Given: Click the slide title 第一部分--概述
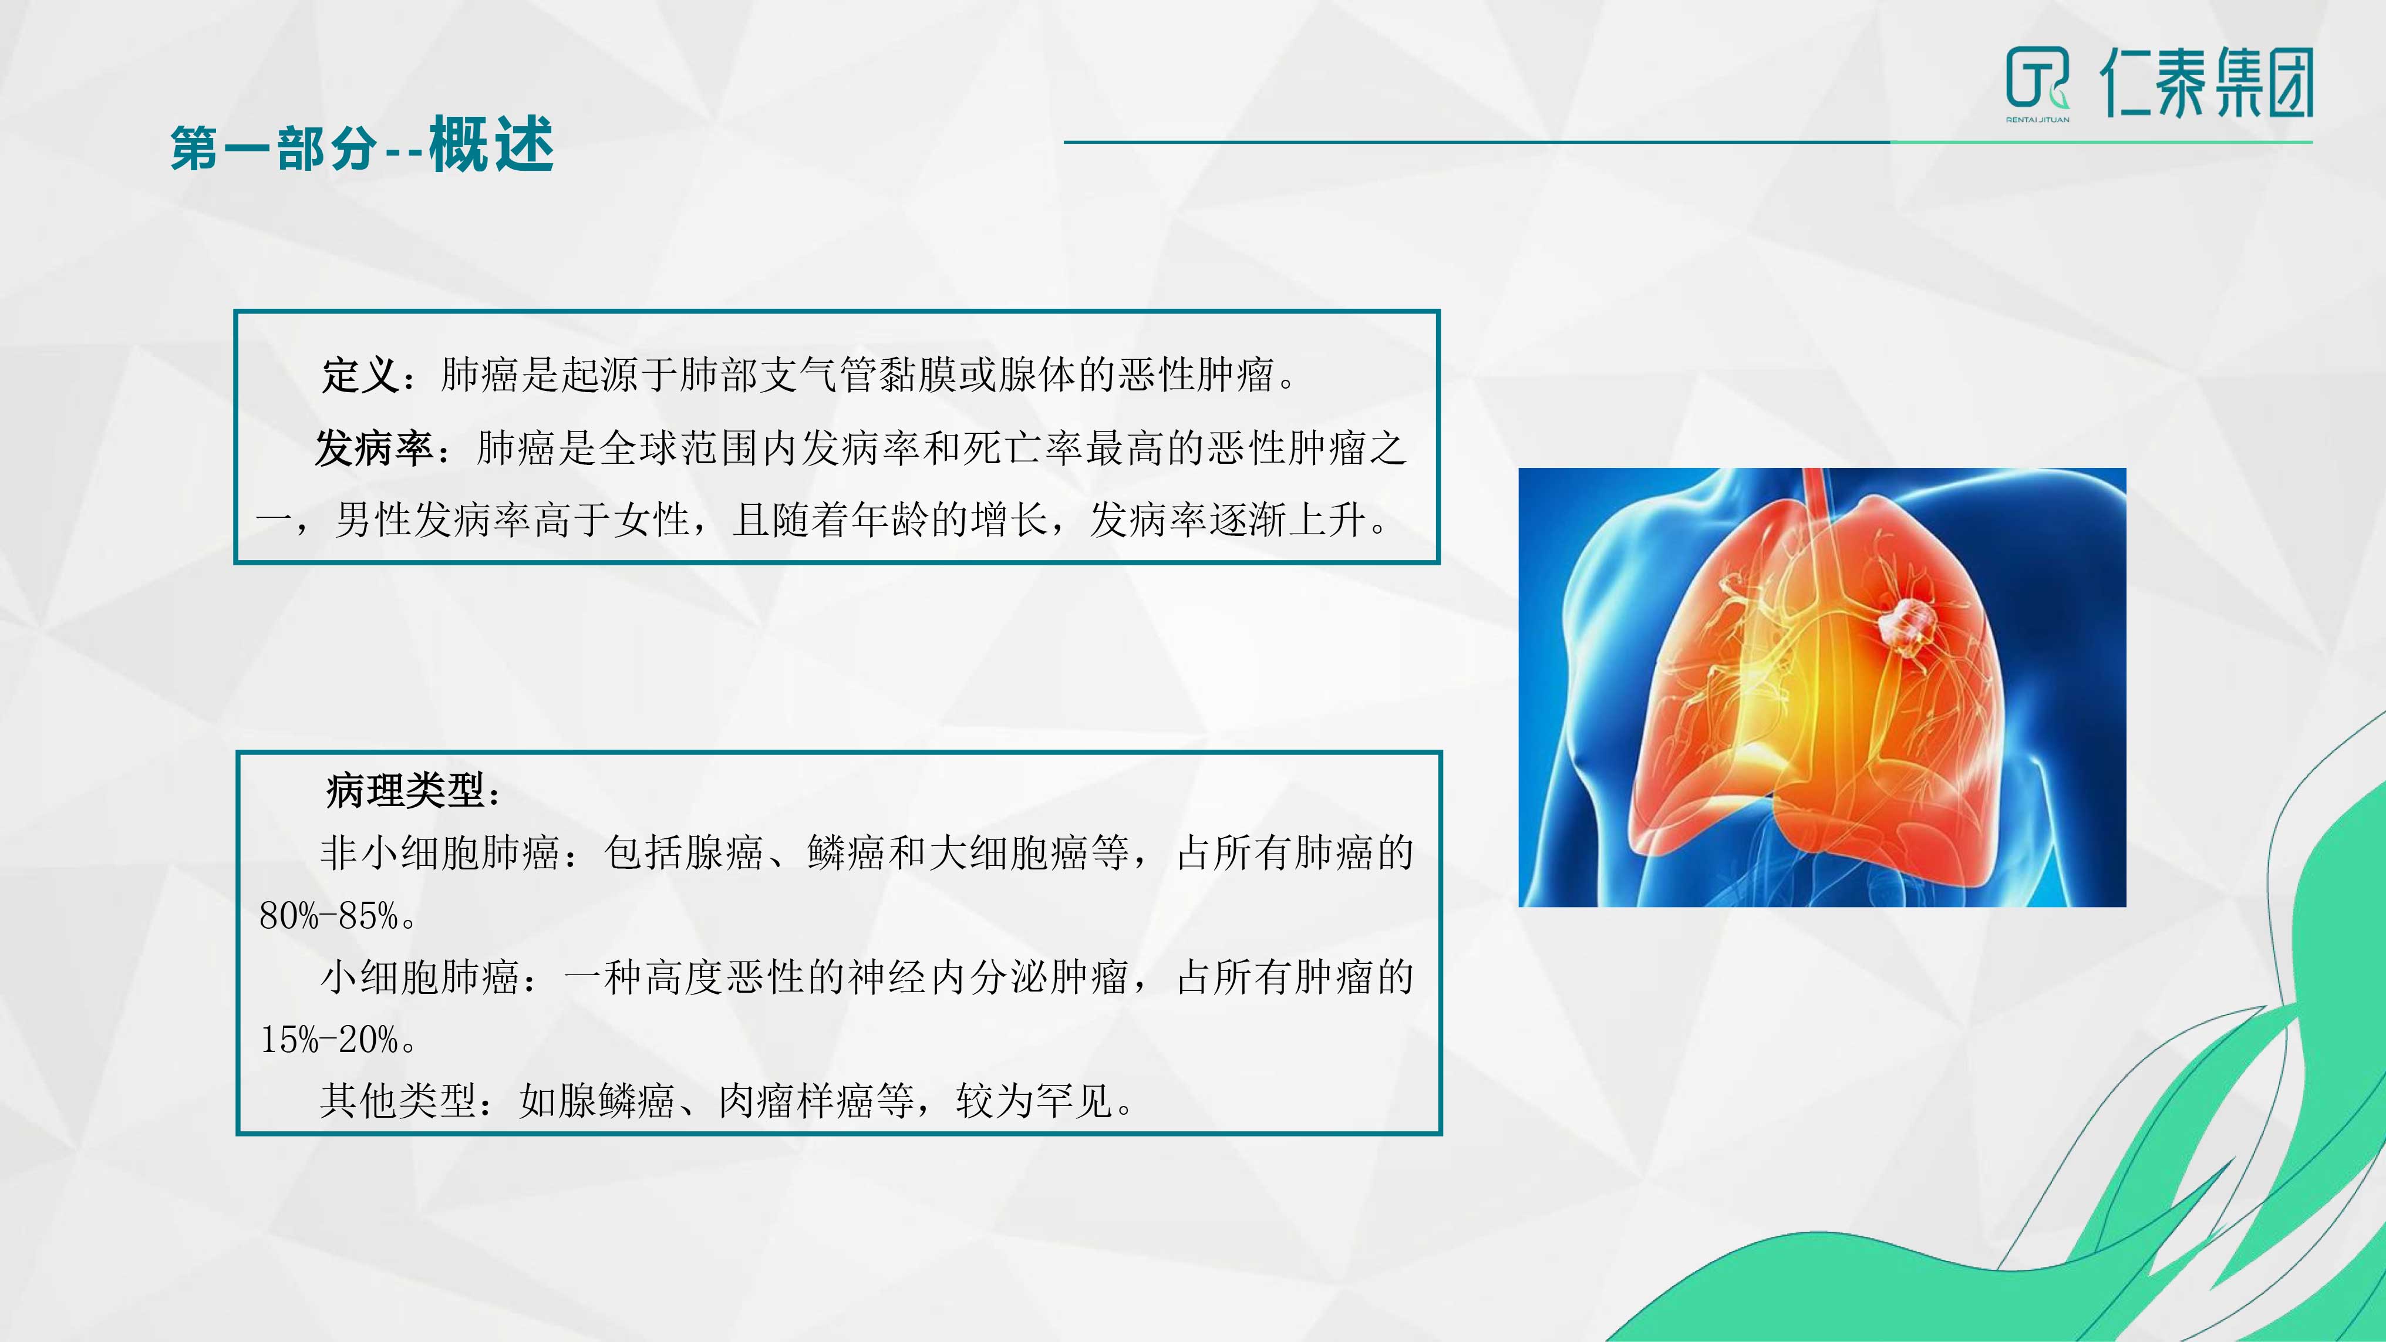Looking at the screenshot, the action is click(x=362, y=146).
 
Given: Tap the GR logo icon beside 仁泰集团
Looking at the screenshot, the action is click(x=2037, y=80).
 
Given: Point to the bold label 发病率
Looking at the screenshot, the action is click(x=374, y=449).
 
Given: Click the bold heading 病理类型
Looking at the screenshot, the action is click(x=406, y=790).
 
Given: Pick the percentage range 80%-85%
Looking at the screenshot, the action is click(x=330, y=916).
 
